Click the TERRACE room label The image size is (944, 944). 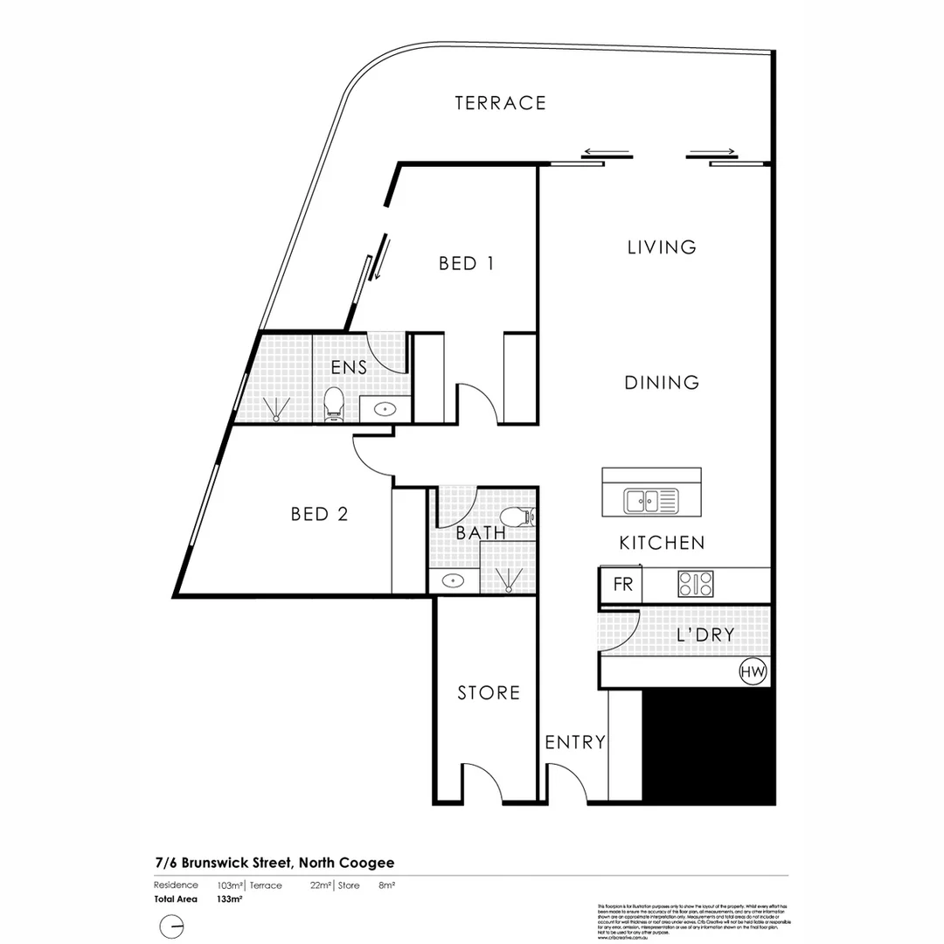point(500,103)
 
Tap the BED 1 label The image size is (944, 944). point(467,263)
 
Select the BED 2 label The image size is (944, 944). point(320,515)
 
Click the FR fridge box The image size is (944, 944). point(622,585)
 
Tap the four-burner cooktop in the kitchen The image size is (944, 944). point(695,583)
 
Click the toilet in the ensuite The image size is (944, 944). point(333,404)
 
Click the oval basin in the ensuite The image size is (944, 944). point(385,408)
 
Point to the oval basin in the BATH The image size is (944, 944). point(453,580)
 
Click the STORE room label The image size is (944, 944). point(489,693)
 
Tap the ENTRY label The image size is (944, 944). point(575,743)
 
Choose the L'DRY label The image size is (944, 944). point(705,635)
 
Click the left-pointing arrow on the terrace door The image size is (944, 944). point(607,151)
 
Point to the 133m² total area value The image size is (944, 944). point(230,899)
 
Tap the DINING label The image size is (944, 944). point(662,383)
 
